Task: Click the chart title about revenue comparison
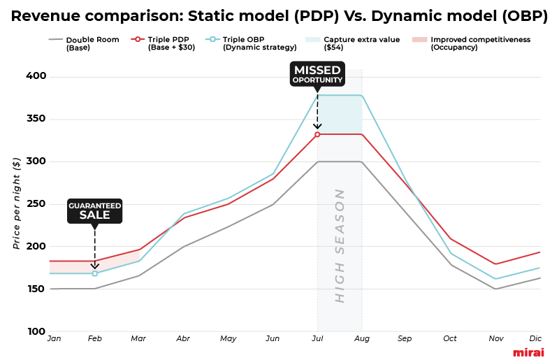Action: pos(279,16)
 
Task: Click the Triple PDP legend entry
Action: pos(167,43)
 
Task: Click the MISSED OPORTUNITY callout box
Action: pos(317,74)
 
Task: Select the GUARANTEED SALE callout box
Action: pos(94,210)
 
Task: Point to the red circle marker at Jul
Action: pos(317,134)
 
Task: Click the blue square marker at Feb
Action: pos(95,273)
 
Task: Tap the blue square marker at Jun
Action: pos(273,174)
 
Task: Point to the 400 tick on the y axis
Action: pos(36,76)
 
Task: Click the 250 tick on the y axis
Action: pos(36,204)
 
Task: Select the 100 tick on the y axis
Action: pos(36,331)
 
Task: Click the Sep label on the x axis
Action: pos(405,339)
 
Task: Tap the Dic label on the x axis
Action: pos(535,339)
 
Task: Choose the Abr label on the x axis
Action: pos(183,339)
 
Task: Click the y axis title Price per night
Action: pos(16,203)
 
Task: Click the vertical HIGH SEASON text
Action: pos(340,245)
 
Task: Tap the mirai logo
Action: pos(528,352)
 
